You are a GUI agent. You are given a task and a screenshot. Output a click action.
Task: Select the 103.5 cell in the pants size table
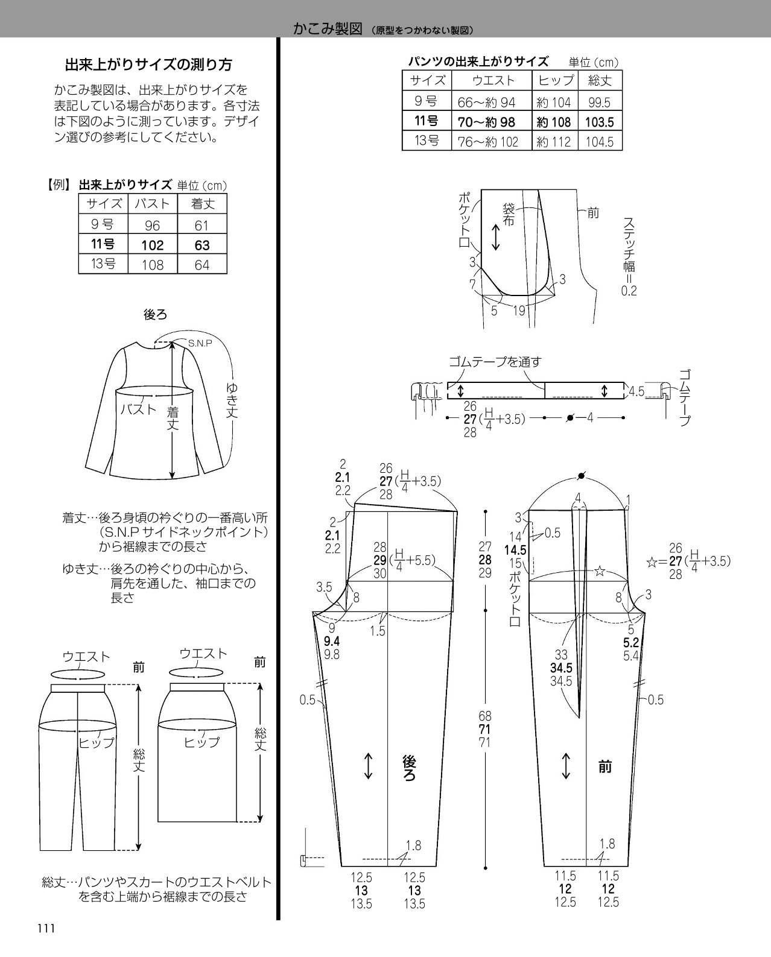pyautogui.click(x=599, y=122)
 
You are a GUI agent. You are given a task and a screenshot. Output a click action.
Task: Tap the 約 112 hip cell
pyautogui.click(x=554, y=142)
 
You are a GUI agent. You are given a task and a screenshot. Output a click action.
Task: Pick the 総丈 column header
pyautogui.click(x=600, y=80)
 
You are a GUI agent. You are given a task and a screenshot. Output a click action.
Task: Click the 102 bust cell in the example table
pyautogui.click(x=152, y=245)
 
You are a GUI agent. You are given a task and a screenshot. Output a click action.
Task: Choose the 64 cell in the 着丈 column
pyautogui.click(x=201, y=265)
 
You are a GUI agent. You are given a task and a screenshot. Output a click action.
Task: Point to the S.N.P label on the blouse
pyautogui.click(x=200, y=343)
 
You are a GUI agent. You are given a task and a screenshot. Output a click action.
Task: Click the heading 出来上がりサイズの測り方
pyautogui.click(x=148, y=65)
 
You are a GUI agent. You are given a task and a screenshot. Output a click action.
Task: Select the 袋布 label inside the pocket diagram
pyautogui.click(x=509, y=214)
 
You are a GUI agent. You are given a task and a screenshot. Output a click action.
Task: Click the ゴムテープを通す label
pyautogui.click(x=495, y=362)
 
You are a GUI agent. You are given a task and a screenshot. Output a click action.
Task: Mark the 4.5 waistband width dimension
pyautogui.click(x=636, y=391)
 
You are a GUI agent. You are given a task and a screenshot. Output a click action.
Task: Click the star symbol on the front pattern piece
pyautogui.click(x=599, y=570)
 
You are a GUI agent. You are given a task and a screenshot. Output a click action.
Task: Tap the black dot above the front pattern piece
pyautogui.click(x=581, y=476)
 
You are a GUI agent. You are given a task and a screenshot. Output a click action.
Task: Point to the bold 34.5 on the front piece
pyautogui.click(x=561, y=668)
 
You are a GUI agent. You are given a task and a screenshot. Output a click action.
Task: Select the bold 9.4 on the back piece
pyautogui.click(x=332, y=641)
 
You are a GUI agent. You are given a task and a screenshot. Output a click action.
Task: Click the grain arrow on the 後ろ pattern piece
pyautogui.click(x=369, y=766)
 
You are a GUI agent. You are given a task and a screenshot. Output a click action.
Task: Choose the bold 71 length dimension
pyautogui.click(x=485, y=729)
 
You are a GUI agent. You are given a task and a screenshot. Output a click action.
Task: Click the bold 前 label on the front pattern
pyautogui.click(x=605, y=766)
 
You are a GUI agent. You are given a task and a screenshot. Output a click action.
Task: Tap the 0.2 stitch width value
pyautogui.click(x=629, y=291)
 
